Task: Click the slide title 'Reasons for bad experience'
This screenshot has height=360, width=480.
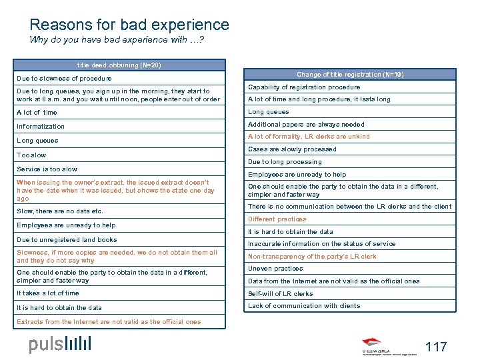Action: (129, 25)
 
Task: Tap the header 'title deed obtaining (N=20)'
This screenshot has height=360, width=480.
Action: (119, 65)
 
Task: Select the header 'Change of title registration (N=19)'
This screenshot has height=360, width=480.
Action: (349, 75)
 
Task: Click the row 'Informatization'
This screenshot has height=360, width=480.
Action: (41, 126)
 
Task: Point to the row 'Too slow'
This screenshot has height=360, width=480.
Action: (32, 155)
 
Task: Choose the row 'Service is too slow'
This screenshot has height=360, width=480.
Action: (47, 169)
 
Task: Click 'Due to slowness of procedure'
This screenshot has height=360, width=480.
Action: (65, 79)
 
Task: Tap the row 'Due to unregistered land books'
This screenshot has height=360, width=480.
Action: (67, 239)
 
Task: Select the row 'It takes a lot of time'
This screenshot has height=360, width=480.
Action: (48, 293)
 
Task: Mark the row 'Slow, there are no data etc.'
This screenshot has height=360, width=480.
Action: (60, 211)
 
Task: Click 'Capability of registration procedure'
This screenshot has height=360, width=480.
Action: (304, 87)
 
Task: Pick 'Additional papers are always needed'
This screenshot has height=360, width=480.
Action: (306, 125)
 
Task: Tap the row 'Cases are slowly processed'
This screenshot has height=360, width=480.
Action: (292, 149)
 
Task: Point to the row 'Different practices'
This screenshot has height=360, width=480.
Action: (277, 219)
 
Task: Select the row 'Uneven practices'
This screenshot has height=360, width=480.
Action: (275, 269)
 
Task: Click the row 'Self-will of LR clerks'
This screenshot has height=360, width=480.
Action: (281, 294)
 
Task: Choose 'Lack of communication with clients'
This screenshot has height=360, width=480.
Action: (304, 306)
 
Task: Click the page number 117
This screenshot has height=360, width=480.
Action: (435, 346)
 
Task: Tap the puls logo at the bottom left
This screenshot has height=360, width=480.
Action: (60, 344)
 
